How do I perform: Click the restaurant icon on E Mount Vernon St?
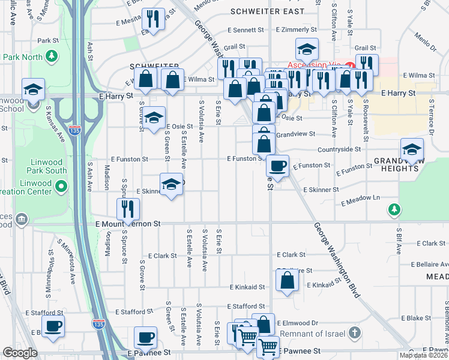(x=127, y=209)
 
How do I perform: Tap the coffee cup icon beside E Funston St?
(x=277, y=165)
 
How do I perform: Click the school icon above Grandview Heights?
(x=412, y=149)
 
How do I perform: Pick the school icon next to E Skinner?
(x=171, y=184)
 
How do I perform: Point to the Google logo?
(x=20, y=353)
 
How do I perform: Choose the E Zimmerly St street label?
(x=297, y=29)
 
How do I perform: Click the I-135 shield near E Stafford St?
(x=98, y=324)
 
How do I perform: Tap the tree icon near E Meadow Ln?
(x=394, y=209)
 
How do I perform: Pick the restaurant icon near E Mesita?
(x=155, y=19)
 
